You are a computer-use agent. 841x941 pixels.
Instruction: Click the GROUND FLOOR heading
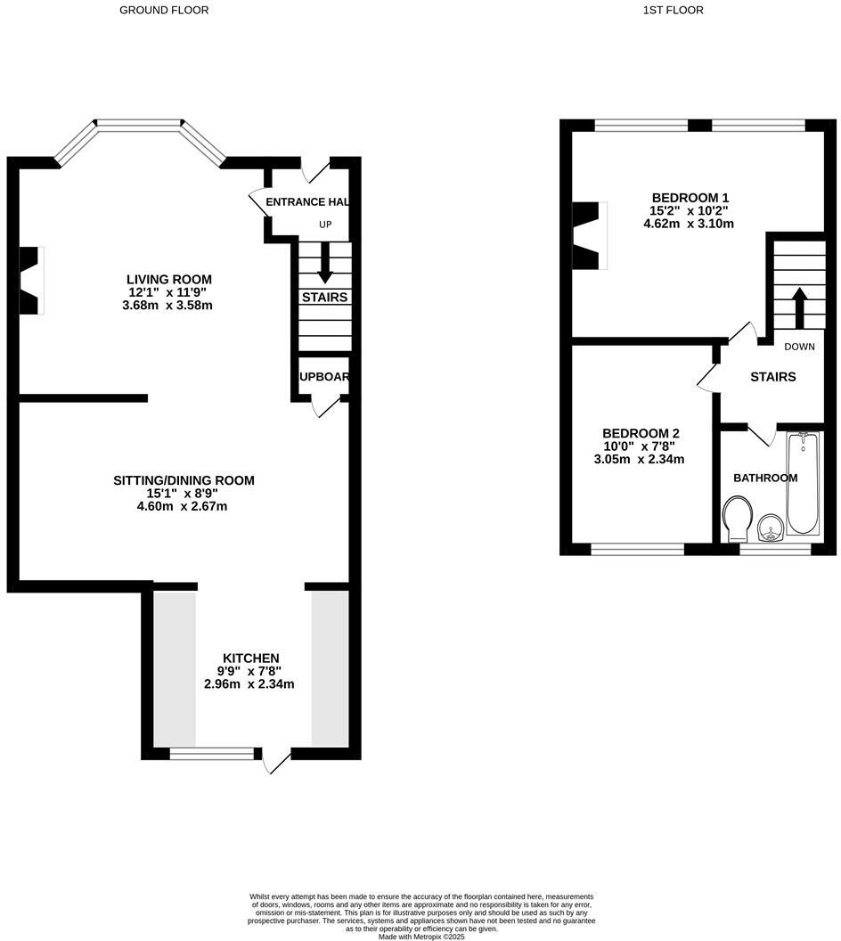(164, 10)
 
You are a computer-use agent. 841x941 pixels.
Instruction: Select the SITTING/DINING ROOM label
(184, 480)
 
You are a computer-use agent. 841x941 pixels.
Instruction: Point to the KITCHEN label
(251, 658)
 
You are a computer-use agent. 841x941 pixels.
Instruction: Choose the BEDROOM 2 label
(639, 433)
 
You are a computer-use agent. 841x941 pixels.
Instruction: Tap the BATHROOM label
(765, 478)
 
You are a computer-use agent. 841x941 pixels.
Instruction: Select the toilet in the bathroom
(737, 520)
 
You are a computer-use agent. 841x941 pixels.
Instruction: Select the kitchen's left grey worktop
(176, 668)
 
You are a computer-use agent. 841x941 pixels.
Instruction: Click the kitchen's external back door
(276, 759)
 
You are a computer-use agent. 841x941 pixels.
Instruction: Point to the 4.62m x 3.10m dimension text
(689, 224)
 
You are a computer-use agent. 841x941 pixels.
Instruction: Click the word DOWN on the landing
(799, 347)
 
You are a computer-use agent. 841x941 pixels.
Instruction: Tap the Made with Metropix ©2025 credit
(421, 937)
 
